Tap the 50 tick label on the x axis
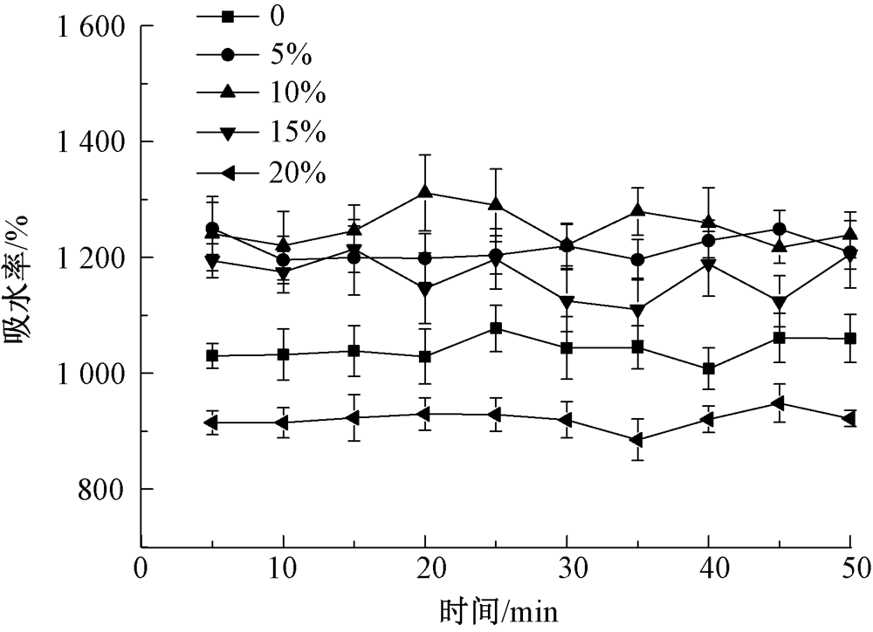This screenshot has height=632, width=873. [x=850, y=568]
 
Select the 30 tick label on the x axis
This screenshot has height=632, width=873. [x=567, y=568]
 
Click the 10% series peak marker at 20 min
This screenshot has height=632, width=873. [x=425, y=192]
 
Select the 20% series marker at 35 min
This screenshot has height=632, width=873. [x=637, y=440]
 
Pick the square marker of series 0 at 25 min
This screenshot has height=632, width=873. [x=496, y=328]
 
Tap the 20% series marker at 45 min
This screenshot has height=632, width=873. [x=779, y=403]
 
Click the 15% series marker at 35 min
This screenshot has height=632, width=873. [x=637, y=310]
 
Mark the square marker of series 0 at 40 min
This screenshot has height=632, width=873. [x=708, y=369]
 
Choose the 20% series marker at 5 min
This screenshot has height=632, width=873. [x=211, y=422]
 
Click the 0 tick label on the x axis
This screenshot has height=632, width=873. [x=141, y=568]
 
